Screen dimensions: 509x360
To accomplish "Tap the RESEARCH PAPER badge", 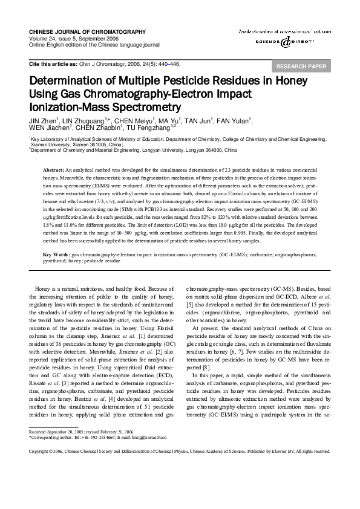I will (301, 66).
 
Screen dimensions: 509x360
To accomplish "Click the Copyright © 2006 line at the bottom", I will (180, 451).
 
